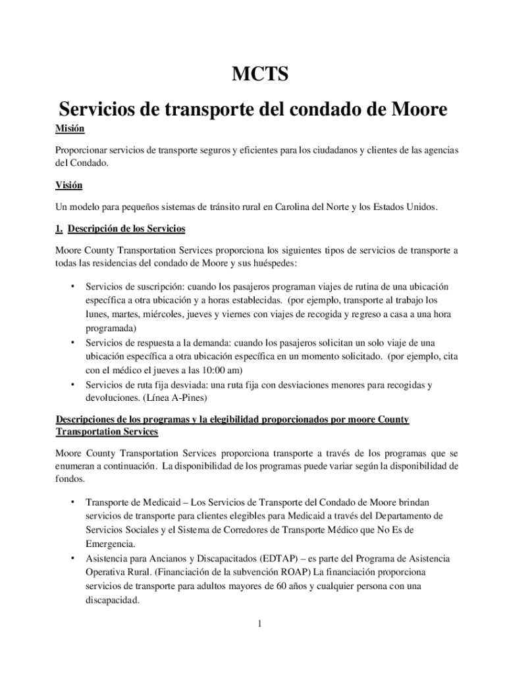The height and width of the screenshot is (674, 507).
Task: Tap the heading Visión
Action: (69, 186)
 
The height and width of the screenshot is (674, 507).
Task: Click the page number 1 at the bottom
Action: (260, 624)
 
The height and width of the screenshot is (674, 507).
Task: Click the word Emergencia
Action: (109, 544)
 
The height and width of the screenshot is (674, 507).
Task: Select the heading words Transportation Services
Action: (107, 431)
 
